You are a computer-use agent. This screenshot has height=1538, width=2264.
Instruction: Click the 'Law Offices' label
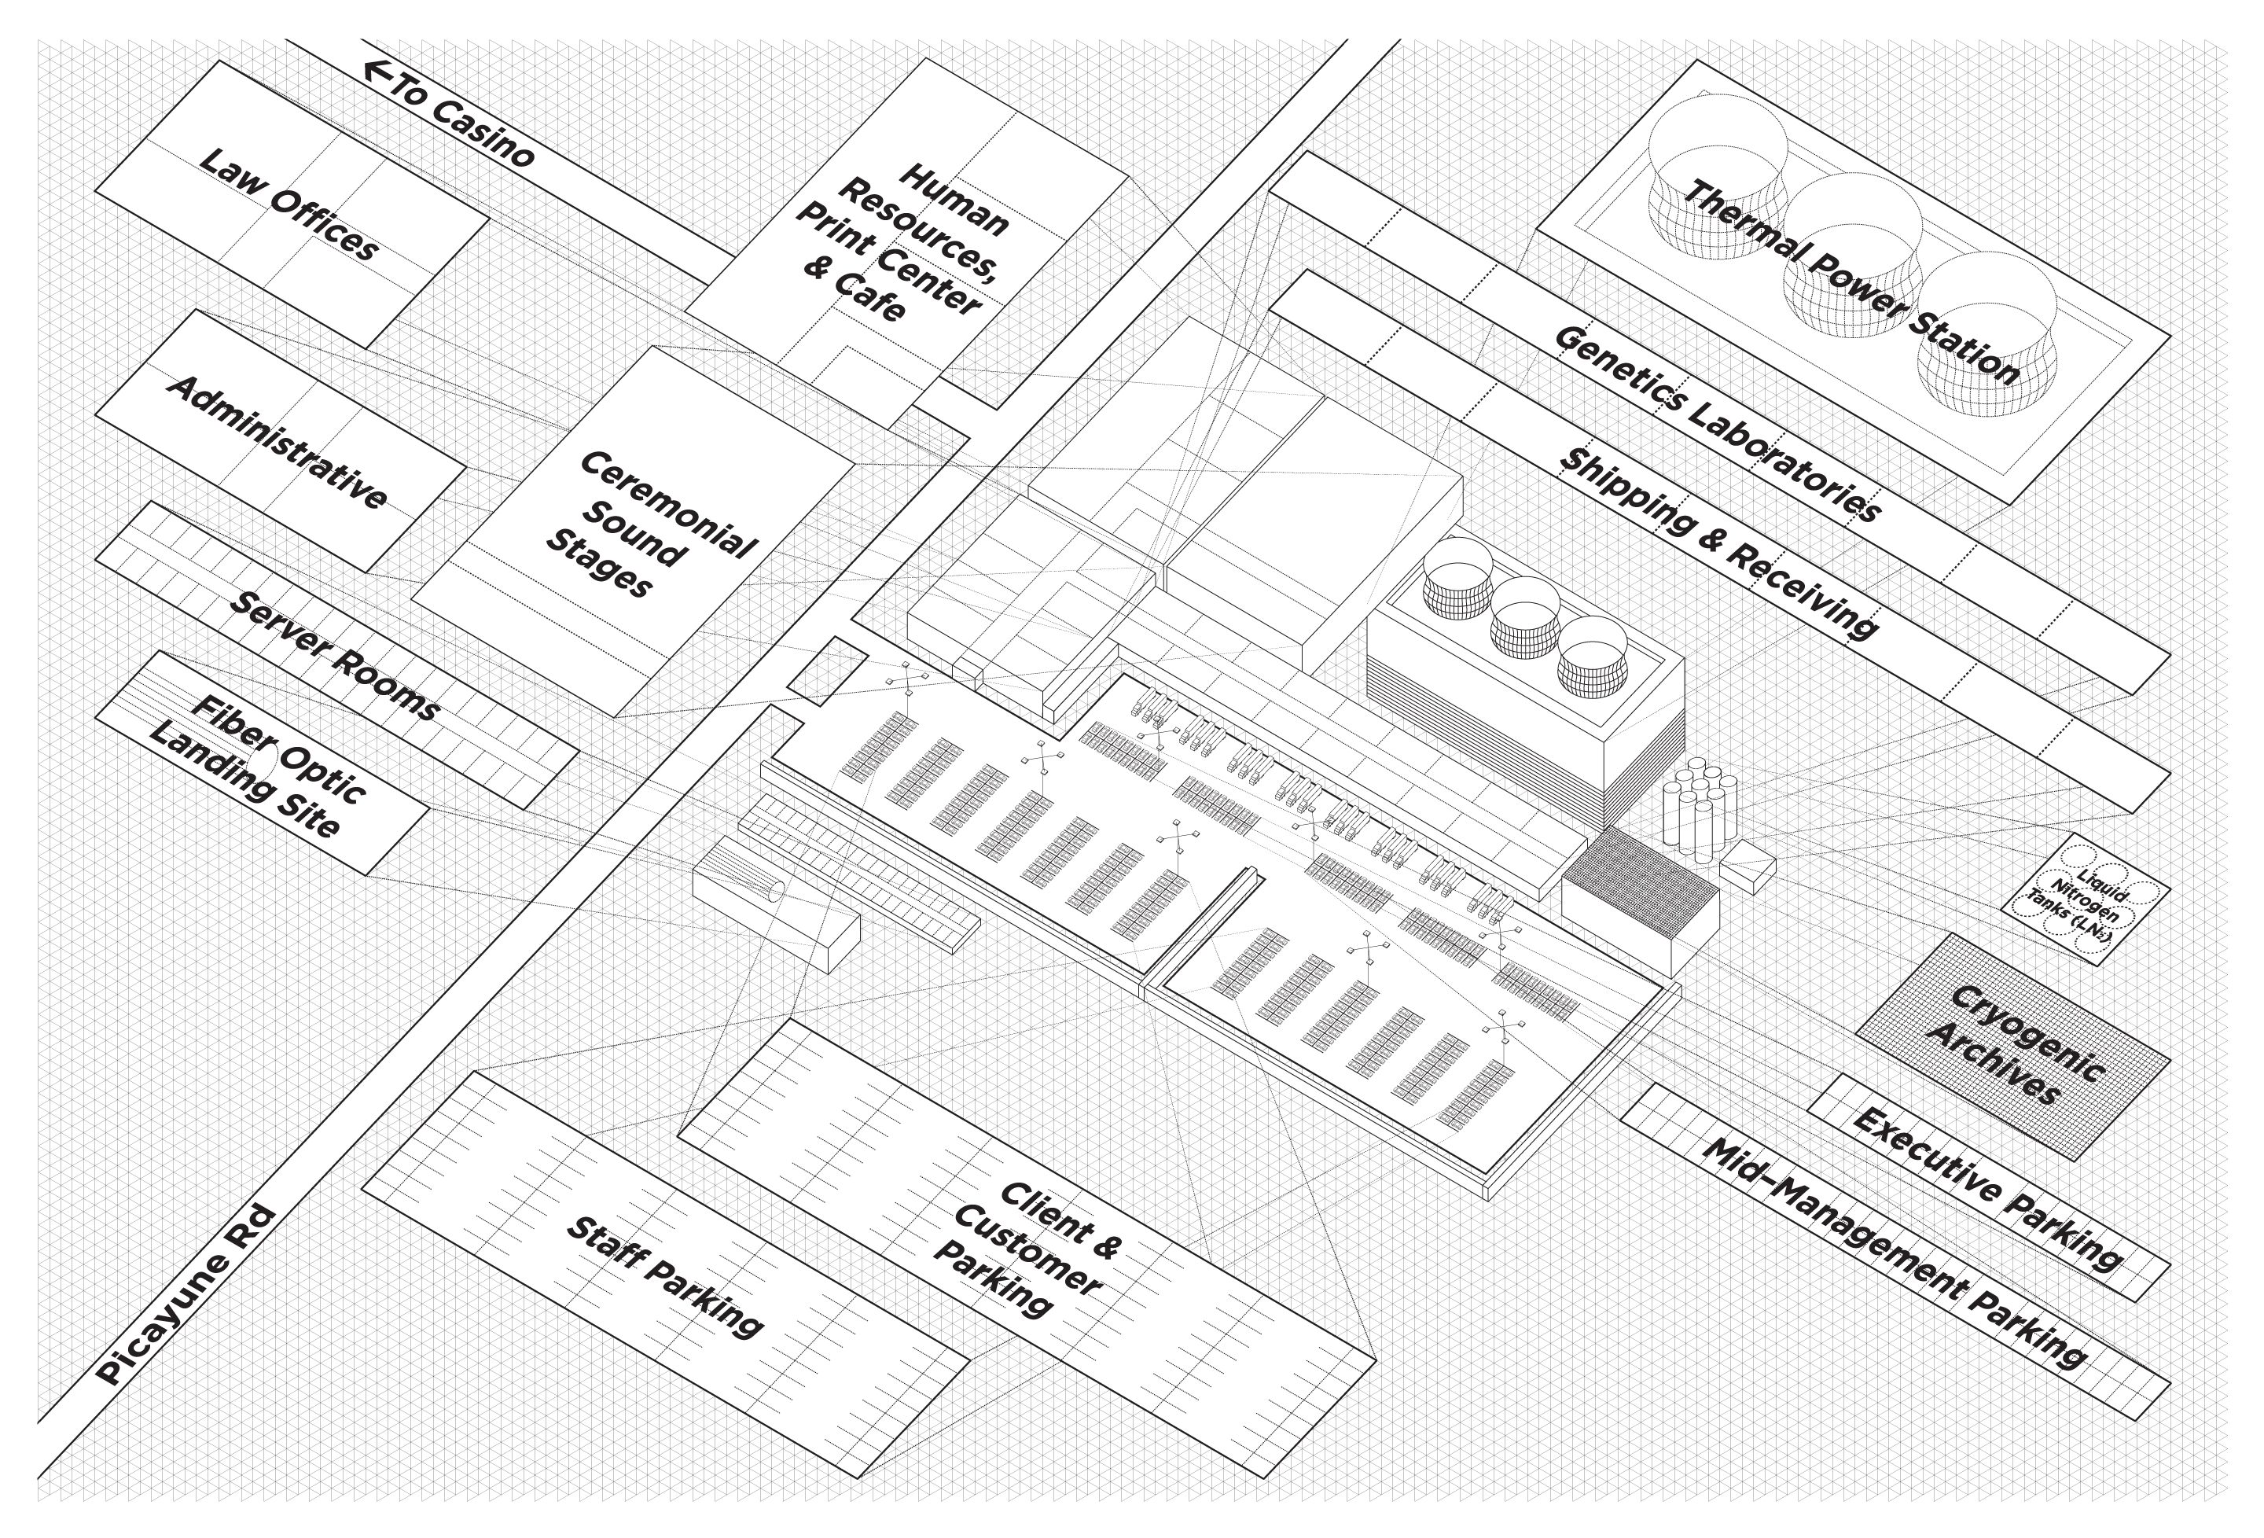[x=289, y=204]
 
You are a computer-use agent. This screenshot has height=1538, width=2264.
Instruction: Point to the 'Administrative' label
[x=277, y=442]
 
